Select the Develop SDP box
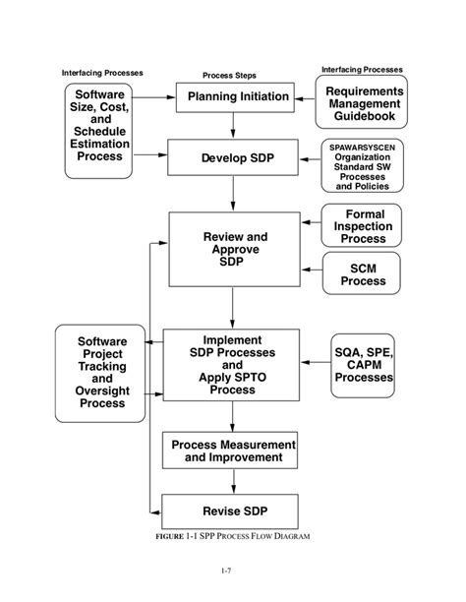(233, 157)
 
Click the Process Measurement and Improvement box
(233, 451)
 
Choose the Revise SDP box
(233, 511)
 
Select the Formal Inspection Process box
(364, 226)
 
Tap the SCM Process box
(364, 273)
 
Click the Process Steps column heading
(229, 75)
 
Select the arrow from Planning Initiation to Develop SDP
(233, 124)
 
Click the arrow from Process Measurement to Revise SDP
(233, 481)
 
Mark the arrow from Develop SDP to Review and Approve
(233, 195)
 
